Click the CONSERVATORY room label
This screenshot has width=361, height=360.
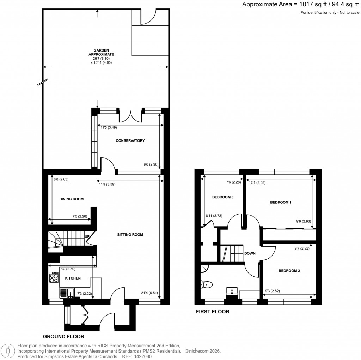click(x=130, y=140)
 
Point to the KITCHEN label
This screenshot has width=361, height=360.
click(x=73, y=278)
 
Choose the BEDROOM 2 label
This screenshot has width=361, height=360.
click(x=289, y=271)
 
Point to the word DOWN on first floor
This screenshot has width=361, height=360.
click(x=250, y=253)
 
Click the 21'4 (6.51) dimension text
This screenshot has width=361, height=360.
click(x=148, y=293)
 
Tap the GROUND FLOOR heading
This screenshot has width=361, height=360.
click(x=63, y=336)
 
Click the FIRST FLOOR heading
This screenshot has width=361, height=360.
click(x=212, y=312)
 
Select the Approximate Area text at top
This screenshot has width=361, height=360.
click(x=300, y=5)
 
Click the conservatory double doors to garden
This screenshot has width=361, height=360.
click(x=130, y=115)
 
